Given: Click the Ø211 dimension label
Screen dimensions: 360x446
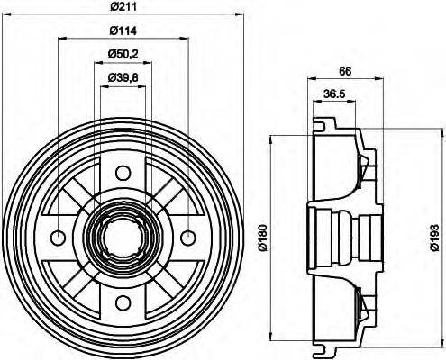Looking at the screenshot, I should tap(123, 7).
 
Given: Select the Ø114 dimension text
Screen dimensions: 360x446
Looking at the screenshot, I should tap(123, 32).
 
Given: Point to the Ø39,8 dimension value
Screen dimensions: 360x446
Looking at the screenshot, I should tap(123, 78).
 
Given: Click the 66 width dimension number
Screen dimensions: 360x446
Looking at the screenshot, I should tap(343, 71).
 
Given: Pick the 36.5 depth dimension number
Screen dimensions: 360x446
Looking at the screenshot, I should tap(333, 93).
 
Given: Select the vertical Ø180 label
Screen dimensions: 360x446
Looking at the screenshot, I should tap(262, 237).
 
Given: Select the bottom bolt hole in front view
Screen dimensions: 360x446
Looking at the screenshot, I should tap(123, 302).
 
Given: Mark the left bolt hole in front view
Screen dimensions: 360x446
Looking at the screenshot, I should tap(59, 238).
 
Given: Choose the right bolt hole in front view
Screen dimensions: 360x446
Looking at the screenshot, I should tap(187, 238).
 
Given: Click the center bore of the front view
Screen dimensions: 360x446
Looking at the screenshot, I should tap(123, 238).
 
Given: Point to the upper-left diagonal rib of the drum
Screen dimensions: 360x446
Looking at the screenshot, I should tap(81, 196).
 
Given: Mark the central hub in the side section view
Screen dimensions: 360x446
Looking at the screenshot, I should tap(338, 237).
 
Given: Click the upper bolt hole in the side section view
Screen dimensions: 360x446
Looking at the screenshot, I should tap(364, 166).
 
